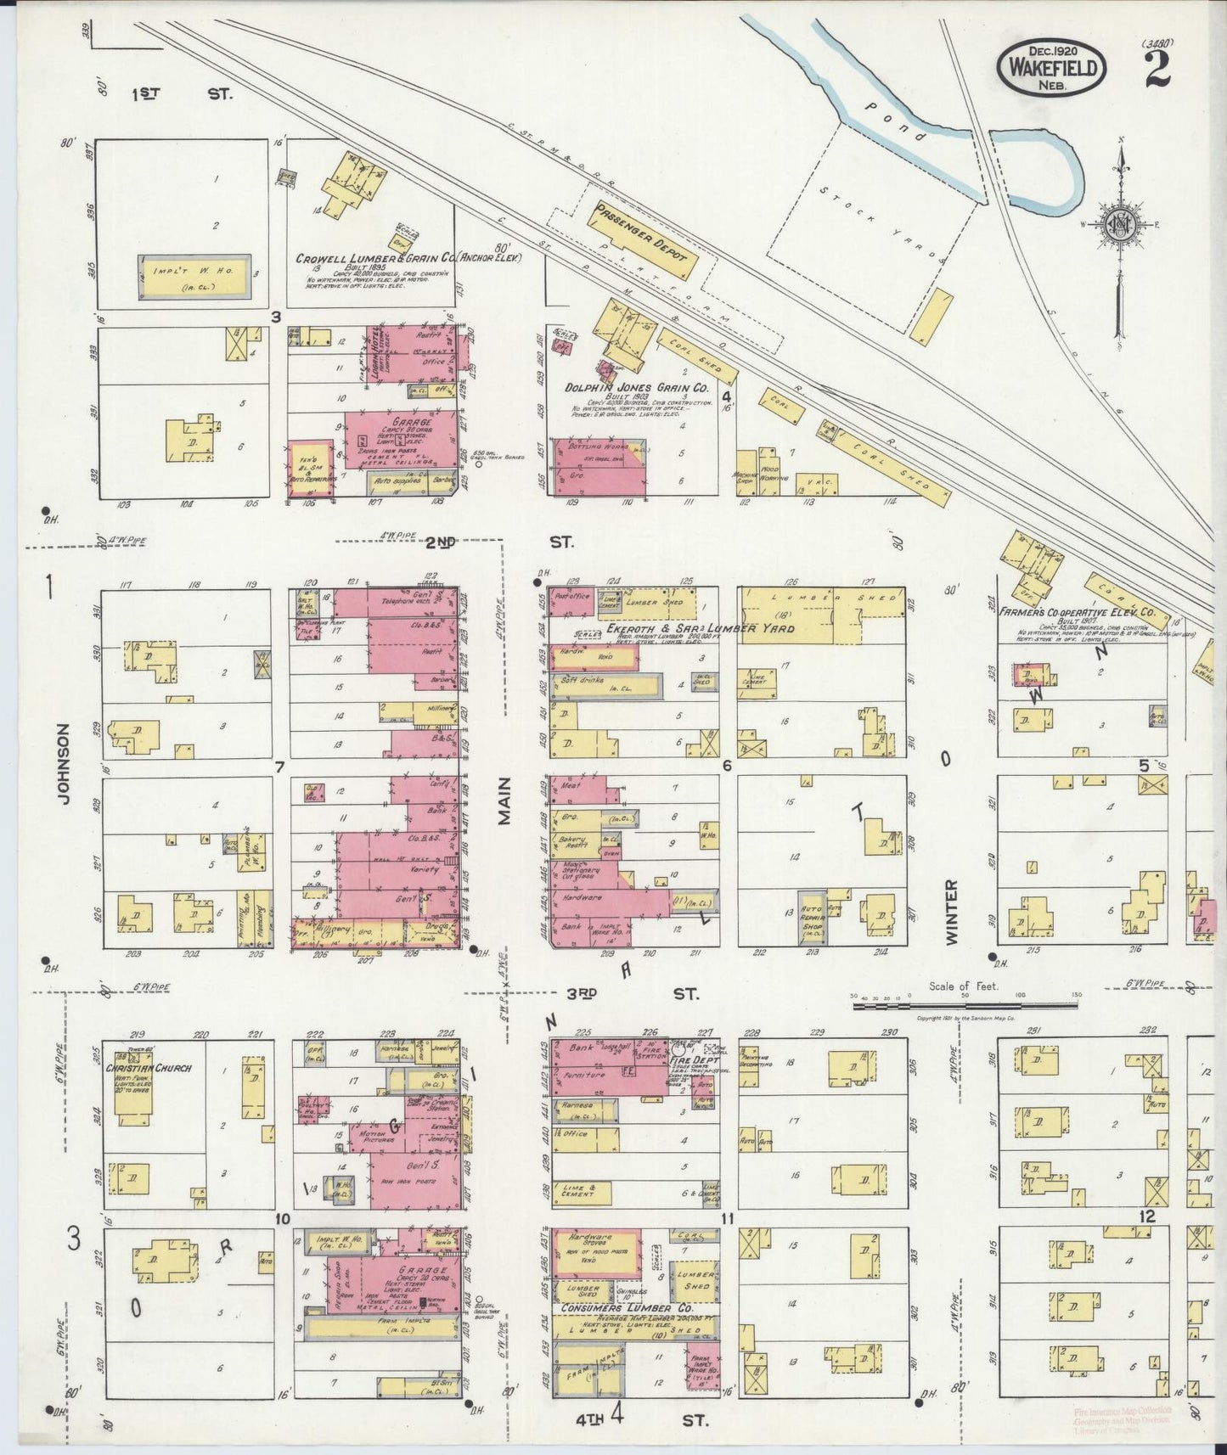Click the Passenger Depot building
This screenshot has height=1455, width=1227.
[x=643, y=240]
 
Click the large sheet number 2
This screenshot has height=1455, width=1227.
[x=1157, y=70]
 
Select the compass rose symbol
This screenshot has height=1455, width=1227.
[x=1120, y=225]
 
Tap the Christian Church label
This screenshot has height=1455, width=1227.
[x=154, y=1068]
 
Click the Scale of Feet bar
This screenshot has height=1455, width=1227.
[x=965, y=1006]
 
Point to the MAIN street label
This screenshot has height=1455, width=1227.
[x=505, y=801]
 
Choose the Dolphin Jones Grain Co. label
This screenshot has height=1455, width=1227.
[x=637, y=387]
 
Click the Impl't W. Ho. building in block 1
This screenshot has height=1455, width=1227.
[x=194, y=276]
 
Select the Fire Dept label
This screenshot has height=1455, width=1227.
[x=701, y=1060]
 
